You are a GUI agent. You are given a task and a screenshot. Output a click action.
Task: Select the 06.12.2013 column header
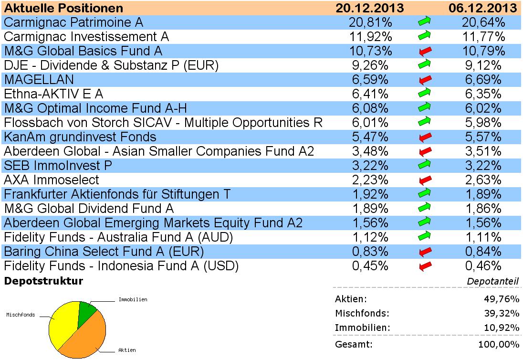pyautogui.click(x=483, y=8)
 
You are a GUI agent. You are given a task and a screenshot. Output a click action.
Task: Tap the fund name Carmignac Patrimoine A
pyautogui.click(x=73, y=22)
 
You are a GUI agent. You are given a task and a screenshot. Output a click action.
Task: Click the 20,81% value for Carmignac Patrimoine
pyautogui.click(x=372, y=22)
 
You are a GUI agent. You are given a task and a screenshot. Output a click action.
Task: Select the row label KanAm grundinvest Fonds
pyautogui.click(x=80, y=137)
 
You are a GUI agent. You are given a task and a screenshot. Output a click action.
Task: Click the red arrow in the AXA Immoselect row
pyautogui.click(x=424, y=180)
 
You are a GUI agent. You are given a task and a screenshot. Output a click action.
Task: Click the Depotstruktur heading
pyautogui.click(x=43, y=281)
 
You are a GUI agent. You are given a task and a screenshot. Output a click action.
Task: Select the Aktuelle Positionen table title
pyautogui.click(x=63, y=8)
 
